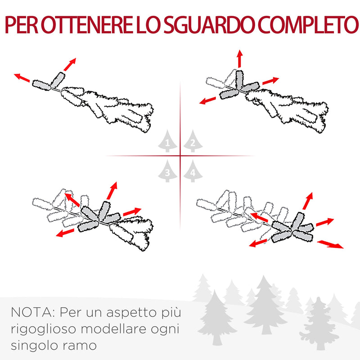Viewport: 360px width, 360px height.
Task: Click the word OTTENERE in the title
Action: click(x=84, y=26)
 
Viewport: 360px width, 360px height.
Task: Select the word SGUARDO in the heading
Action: click(x=202, y=26)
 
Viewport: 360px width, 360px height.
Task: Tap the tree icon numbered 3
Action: click(x=167, y=171)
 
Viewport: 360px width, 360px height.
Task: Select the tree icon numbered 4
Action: click(x=192, y=171)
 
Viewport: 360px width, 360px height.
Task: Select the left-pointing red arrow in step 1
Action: click(x=22, y=78)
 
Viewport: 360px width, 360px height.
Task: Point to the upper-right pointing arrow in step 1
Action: click(x=69, y=64)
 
